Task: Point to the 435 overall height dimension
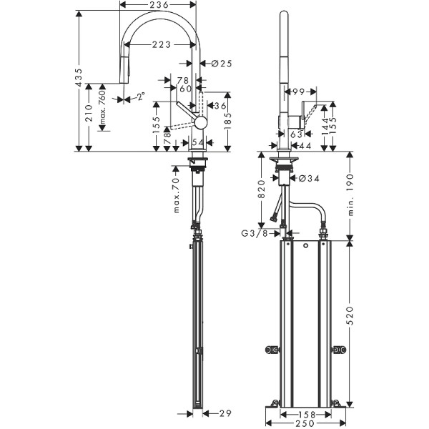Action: tap(79, 80)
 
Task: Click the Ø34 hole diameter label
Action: tap(305, 178)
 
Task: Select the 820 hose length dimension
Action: tap(262, 189)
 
